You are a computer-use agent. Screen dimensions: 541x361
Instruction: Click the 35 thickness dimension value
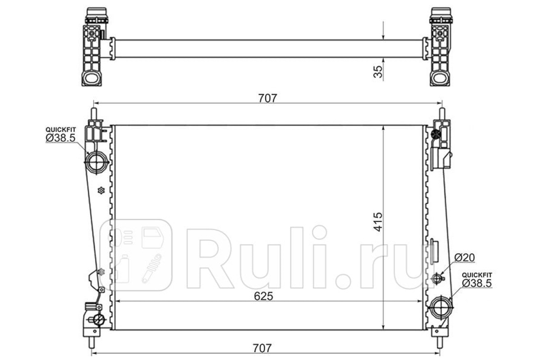coord(378,72)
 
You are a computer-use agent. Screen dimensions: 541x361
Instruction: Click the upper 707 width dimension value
coord(268,98)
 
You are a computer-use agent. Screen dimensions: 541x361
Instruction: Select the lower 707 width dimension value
coord(262,348)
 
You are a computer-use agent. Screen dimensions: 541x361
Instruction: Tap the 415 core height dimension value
coord(378,222)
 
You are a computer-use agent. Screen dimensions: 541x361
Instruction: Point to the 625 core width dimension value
coord(263,296)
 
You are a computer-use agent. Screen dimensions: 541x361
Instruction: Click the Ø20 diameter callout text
coord(464,258)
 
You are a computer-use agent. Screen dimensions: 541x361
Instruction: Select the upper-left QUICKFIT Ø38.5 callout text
coord(60,134)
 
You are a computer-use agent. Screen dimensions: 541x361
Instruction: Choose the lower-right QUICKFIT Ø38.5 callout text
coord(477,280)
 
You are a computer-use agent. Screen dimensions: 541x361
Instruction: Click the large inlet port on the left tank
coord(96,162)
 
